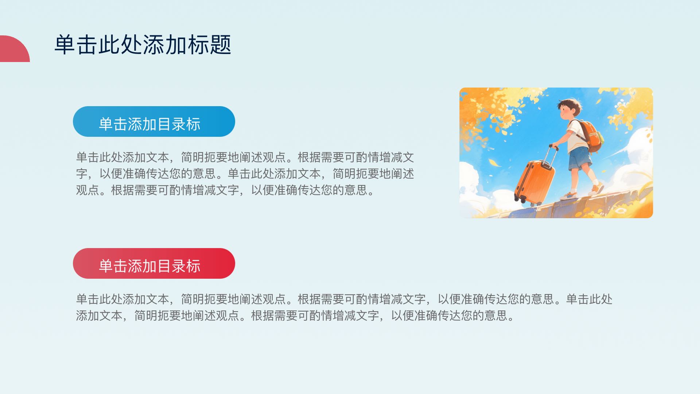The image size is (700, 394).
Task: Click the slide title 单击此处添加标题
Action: [143, 45]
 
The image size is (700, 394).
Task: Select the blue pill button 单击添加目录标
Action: [154, 121]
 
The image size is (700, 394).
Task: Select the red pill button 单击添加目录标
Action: [154, 263]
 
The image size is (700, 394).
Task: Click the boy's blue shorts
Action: [580, 158]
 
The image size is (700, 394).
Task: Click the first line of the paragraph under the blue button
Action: [245, 157]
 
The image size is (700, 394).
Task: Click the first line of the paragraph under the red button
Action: [344, 299]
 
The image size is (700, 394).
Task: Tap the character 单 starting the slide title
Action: [65, 45]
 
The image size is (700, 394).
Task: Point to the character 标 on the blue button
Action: [193, 124]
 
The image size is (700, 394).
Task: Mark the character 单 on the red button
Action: [106, 266]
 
